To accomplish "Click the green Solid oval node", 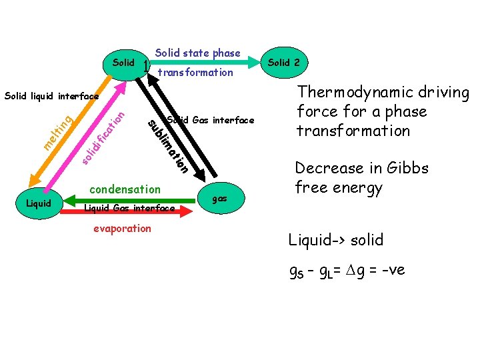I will pyautogui.click(x=124, y=62).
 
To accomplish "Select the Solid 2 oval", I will pyautogui.click(x=283, y=62).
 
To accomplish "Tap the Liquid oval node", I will pyautogui.click(x=38, y=203).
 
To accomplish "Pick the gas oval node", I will pyautogui.click(x=219, y=199).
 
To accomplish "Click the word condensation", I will pyautogui.click(x=125, y=189).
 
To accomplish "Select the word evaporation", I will pyautogui.click(x=121, y=228).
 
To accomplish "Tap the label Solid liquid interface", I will pyautogui.click(x=51, y=97).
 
